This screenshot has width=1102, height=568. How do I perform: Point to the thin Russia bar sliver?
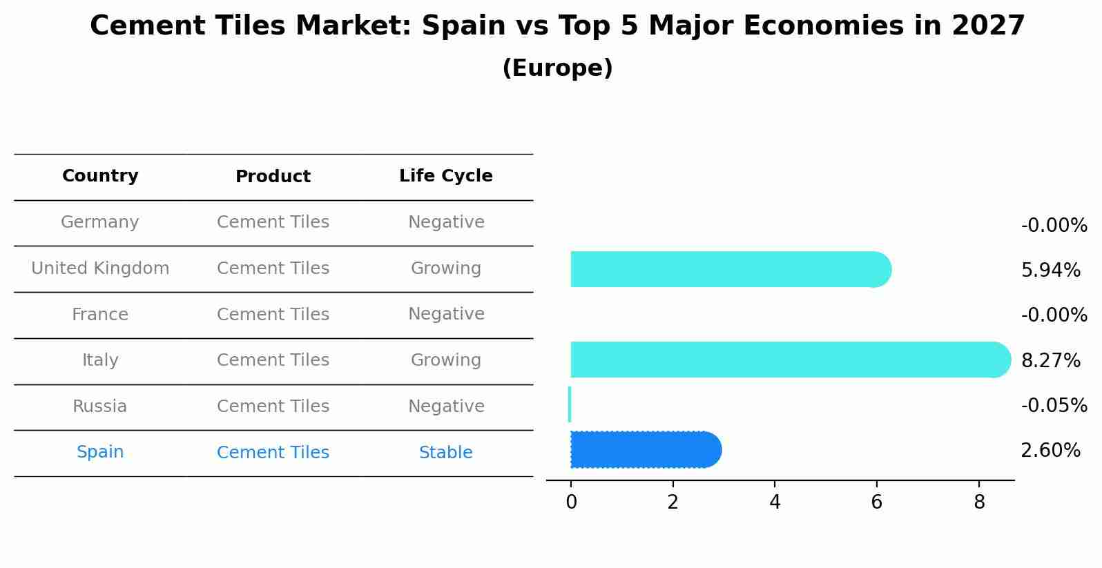coord(570,404)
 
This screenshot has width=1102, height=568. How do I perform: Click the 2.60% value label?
coord(1050,451)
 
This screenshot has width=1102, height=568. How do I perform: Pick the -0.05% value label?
coord(1054,406)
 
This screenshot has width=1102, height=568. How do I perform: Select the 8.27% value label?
coord(1050,361)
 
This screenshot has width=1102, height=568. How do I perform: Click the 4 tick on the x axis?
coord(775,502)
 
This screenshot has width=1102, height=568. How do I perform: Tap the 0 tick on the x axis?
coord(571,502)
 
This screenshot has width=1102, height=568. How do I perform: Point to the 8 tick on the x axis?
coord(978,502)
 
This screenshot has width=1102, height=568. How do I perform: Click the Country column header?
coord(100,176)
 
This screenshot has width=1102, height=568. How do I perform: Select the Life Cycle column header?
coord(446,176)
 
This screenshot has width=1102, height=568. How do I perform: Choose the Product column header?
coord(273,177)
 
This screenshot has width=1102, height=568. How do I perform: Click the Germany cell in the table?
coord(100,222)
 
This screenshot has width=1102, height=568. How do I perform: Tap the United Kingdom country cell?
coord(100,268)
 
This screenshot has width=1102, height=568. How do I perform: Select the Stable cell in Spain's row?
coord(446,453)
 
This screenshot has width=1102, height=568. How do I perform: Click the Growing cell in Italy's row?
coord(446,360)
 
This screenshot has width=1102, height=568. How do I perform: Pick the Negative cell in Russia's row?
coord(446,407)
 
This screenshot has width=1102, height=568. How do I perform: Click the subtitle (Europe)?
coord(557,68)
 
